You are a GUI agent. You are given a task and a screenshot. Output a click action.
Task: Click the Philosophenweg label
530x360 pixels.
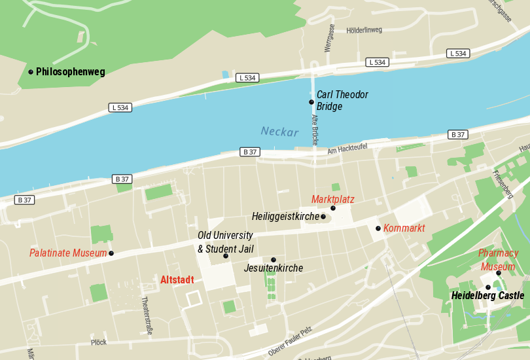(x=70, y=72)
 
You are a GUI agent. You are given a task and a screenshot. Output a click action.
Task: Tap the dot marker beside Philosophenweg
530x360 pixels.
(x=31, y=71)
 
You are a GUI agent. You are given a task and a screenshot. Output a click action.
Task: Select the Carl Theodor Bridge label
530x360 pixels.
(x=342, y=101)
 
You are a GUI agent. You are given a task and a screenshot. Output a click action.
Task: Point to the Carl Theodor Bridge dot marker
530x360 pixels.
(x=311, y=102)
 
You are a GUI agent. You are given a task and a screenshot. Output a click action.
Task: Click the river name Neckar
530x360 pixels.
(x=279, y=132)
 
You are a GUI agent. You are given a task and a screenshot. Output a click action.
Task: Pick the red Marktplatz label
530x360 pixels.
(x=332, y=199)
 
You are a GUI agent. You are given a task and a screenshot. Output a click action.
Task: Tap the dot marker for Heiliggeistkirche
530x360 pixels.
(x=323, y=217)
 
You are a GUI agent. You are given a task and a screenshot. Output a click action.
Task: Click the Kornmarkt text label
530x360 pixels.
(x=404, y=228)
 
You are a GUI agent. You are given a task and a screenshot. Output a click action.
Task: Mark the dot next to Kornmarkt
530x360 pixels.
(x=378, y=228)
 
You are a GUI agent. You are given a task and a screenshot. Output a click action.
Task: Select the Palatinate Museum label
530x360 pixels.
(x=68, y=253)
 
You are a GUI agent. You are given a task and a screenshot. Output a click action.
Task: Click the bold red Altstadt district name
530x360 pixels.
(x=177, y=280)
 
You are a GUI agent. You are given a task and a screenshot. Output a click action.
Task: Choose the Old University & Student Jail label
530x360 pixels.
(x=225, y=242)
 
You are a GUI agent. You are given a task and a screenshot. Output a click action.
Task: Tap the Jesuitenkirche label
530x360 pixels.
(x=274, y=268)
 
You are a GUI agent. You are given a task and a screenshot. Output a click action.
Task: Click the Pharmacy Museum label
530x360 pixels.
(x=498, y=260)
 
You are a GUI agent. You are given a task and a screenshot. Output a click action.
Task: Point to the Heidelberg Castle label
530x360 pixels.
(x=487, y=296)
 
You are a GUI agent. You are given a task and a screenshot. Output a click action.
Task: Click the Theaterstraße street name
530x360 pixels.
(x=147, y=315)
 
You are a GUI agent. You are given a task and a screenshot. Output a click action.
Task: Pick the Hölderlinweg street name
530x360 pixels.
(x=364, y=30)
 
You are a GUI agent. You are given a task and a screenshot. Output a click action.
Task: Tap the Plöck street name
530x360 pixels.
(x=99, y=342)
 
